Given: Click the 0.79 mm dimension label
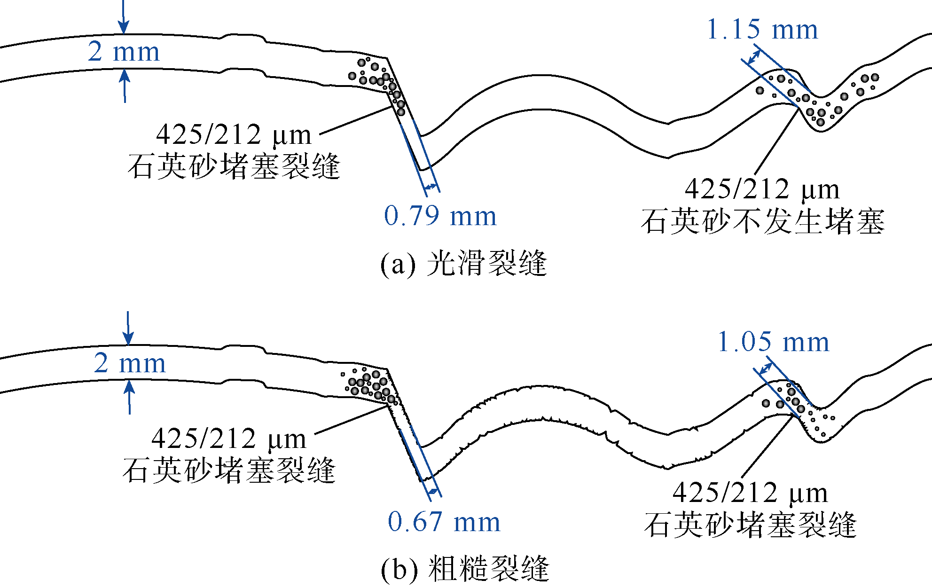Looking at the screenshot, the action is click(x=440, y=216).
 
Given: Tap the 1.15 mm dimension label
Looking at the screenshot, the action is click(x=762, y=29).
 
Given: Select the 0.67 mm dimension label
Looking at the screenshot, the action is click(x=444, y=522).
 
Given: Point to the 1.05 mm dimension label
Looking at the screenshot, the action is click(x=774, y=342).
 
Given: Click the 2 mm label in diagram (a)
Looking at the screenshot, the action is click(x=124, y=52).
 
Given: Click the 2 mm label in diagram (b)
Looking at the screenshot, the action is click(x=130, y=363).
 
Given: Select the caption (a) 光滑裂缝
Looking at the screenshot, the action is click(x=464, y=263).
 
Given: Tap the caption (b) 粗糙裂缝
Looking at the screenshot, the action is click(x=465, y=569).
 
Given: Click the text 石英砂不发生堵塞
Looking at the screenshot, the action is click(x=763, y=221).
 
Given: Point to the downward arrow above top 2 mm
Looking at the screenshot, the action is click(x=123, y=17).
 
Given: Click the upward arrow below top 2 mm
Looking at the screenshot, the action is click(x=125, y=86).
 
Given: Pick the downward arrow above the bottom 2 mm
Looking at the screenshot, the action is click(x=128, y=328).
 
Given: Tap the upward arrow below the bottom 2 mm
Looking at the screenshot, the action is click(x=130, y=397).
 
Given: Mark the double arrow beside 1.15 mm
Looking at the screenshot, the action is click(x=754, y=57).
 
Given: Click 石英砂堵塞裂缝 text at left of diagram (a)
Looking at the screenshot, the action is click(x=234, y=166).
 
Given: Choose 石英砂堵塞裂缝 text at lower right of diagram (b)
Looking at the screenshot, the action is click(x=750, y=525).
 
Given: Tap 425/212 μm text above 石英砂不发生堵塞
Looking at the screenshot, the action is click(x=762, y=189).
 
